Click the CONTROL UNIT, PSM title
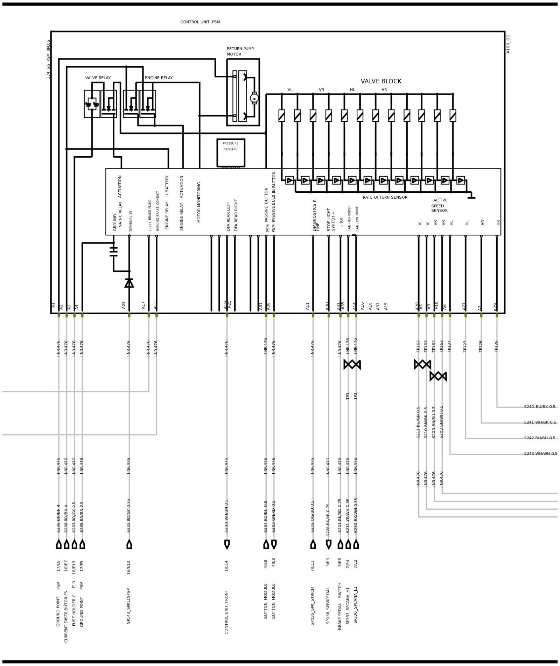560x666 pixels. click(x=200, y=22)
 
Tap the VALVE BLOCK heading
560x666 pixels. click(x=381, y=81)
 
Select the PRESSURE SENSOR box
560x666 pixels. click(x=230, y=153)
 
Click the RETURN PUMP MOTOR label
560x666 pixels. click(x=240, y=52)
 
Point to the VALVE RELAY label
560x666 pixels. click(x=98, y=78)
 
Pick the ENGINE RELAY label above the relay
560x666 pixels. click(x=159, y=78)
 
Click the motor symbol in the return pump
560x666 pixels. click(x=254, y=98)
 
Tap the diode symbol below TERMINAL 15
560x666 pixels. click(x=129, y=283)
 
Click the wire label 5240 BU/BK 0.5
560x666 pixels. click(x=539, y=407)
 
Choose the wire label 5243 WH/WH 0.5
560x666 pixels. click(x=540, y=454)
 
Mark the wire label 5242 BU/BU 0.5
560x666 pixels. click(x=539, y=438)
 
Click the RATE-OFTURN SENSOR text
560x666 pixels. click(x=385, y=197)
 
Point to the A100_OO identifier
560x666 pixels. click(x=508, y=44)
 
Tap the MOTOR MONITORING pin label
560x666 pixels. click(x=199, y=202)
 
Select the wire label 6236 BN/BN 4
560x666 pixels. click(x=58, y=518)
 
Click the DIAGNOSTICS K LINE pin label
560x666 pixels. click(x=316, y=215)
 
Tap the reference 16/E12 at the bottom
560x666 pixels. click(x=128, y=567)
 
